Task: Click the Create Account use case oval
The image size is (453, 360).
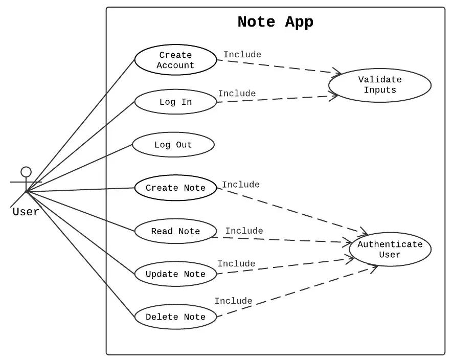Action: click(x=175, y=60)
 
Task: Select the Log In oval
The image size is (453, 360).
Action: click(x=175, y=102)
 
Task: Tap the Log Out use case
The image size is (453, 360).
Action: click(x=173, y=145)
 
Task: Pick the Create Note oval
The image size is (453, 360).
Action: click(x=175, y=188)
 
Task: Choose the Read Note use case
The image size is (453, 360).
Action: click(x=175, y=231)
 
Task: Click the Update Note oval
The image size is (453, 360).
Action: click(x=175, y=274)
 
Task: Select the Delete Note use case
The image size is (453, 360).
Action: click(x=175, y=317)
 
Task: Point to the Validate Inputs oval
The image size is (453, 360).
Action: click(x=380, y=85)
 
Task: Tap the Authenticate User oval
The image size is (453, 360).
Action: click(x=390, y=250)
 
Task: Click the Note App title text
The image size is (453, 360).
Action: click(x=275, y=22)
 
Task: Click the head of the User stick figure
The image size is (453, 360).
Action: click(x=26, y=172)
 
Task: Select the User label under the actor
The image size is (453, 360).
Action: click(x=26, y=212)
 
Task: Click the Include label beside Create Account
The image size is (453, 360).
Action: click(x=242, y=55)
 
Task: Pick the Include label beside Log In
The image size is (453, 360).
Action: click(x=237, y=94)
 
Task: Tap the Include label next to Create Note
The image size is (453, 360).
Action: click(x=241, y=185)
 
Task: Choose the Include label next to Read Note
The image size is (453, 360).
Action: click(x=244, y=231)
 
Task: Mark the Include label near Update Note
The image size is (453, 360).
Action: click(x=236, y=264)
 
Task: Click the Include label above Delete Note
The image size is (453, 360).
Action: click(x=233, y=301)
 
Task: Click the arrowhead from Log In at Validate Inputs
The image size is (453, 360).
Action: click(x=335, y=96)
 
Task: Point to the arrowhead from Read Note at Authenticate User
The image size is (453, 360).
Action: click(x=348, y=242)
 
